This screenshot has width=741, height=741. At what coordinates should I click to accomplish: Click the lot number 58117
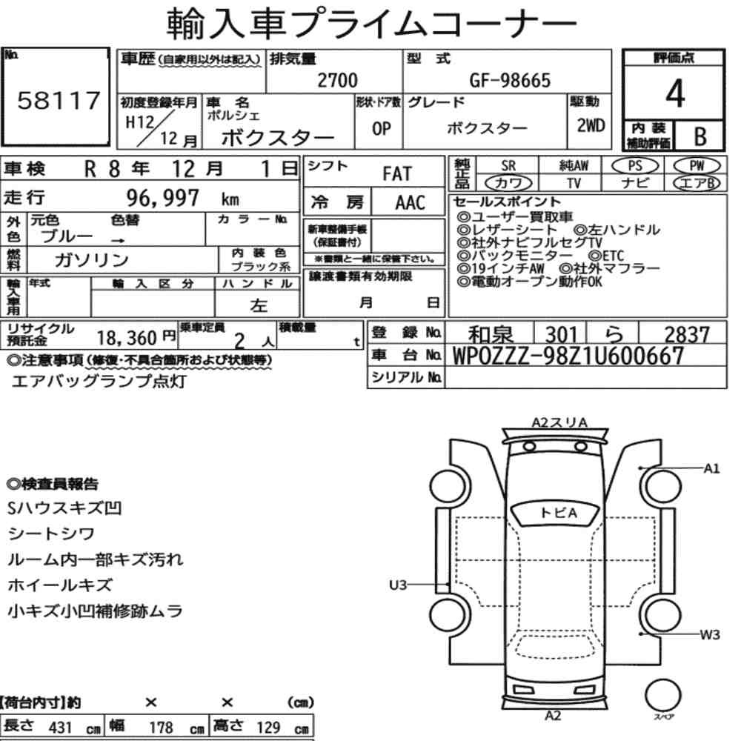pos(59,101)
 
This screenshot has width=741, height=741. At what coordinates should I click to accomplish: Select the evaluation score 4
pos(675,93)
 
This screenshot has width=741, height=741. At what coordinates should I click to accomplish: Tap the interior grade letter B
pos(700,136)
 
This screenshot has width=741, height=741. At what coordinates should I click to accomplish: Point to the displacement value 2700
pos(337,80)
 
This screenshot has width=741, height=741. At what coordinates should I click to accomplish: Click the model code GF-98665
pos(510,81)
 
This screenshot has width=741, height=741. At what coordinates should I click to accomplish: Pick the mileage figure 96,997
pos(162,198)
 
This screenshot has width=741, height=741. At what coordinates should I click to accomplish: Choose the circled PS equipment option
pos(635,166)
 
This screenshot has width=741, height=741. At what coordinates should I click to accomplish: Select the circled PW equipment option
pos(697,166)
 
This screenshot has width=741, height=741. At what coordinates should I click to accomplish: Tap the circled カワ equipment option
pos(508,183)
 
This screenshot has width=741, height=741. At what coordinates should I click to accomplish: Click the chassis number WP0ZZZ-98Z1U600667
pos(568,356)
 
